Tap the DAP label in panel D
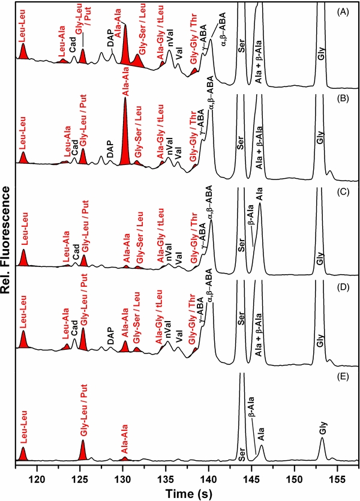pyautogui.click(x=110, y=338)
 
